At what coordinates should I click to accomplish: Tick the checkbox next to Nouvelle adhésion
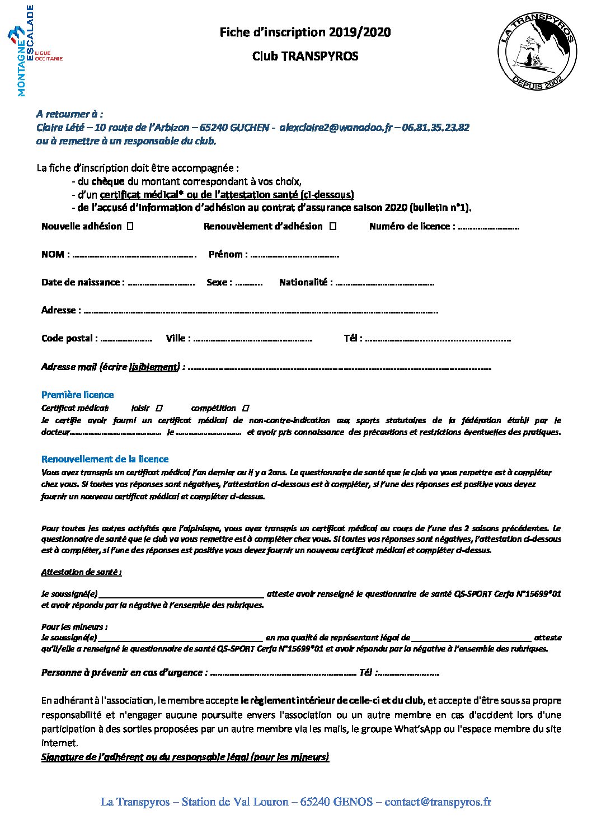tap(130, 227)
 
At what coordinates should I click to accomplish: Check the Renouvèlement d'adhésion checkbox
tap(332, 227)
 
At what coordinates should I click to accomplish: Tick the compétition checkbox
tap(247, 408)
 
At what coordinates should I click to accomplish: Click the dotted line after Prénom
tap(294, 255)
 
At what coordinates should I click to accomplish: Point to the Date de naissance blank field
tap(161, 283)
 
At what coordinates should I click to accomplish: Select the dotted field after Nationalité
tap(384, 283)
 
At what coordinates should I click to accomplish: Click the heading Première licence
tap(77, 395)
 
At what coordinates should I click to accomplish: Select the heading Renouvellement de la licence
tap(105, 459)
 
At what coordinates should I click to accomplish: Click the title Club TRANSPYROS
tap(305, 56)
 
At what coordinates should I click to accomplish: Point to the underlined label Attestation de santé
tap(81, 572)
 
